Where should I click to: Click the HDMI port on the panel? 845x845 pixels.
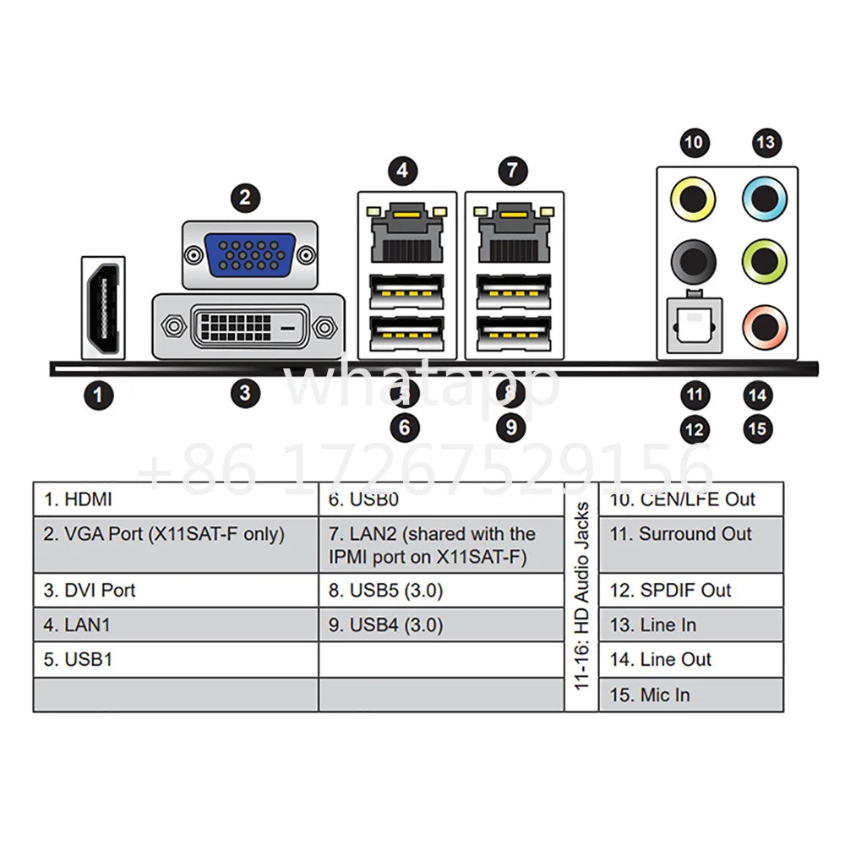(103, 308)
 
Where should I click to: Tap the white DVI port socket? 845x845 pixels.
(249, 327)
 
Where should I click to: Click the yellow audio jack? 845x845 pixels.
(693, 199)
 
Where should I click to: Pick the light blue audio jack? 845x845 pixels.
(765, 199)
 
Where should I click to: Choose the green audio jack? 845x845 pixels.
(765, 262)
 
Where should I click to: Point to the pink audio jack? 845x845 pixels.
(765, 327)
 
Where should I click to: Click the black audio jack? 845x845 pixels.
(693, 262)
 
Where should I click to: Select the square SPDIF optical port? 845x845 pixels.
(694, 326)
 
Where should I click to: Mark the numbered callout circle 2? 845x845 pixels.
(246, 198)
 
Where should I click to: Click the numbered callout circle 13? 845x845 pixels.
(766, 143)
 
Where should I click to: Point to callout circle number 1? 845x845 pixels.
(98, 395)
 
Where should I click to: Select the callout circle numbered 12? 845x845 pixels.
(694, 429)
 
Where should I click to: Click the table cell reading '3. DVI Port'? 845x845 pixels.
(176, 590)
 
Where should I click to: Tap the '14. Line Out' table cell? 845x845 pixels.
(691, 660)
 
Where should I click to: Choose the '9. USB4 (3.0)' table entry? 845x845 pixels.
(441, 624)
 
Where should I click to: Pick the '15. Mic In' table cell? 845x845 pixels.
(691, 695)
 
